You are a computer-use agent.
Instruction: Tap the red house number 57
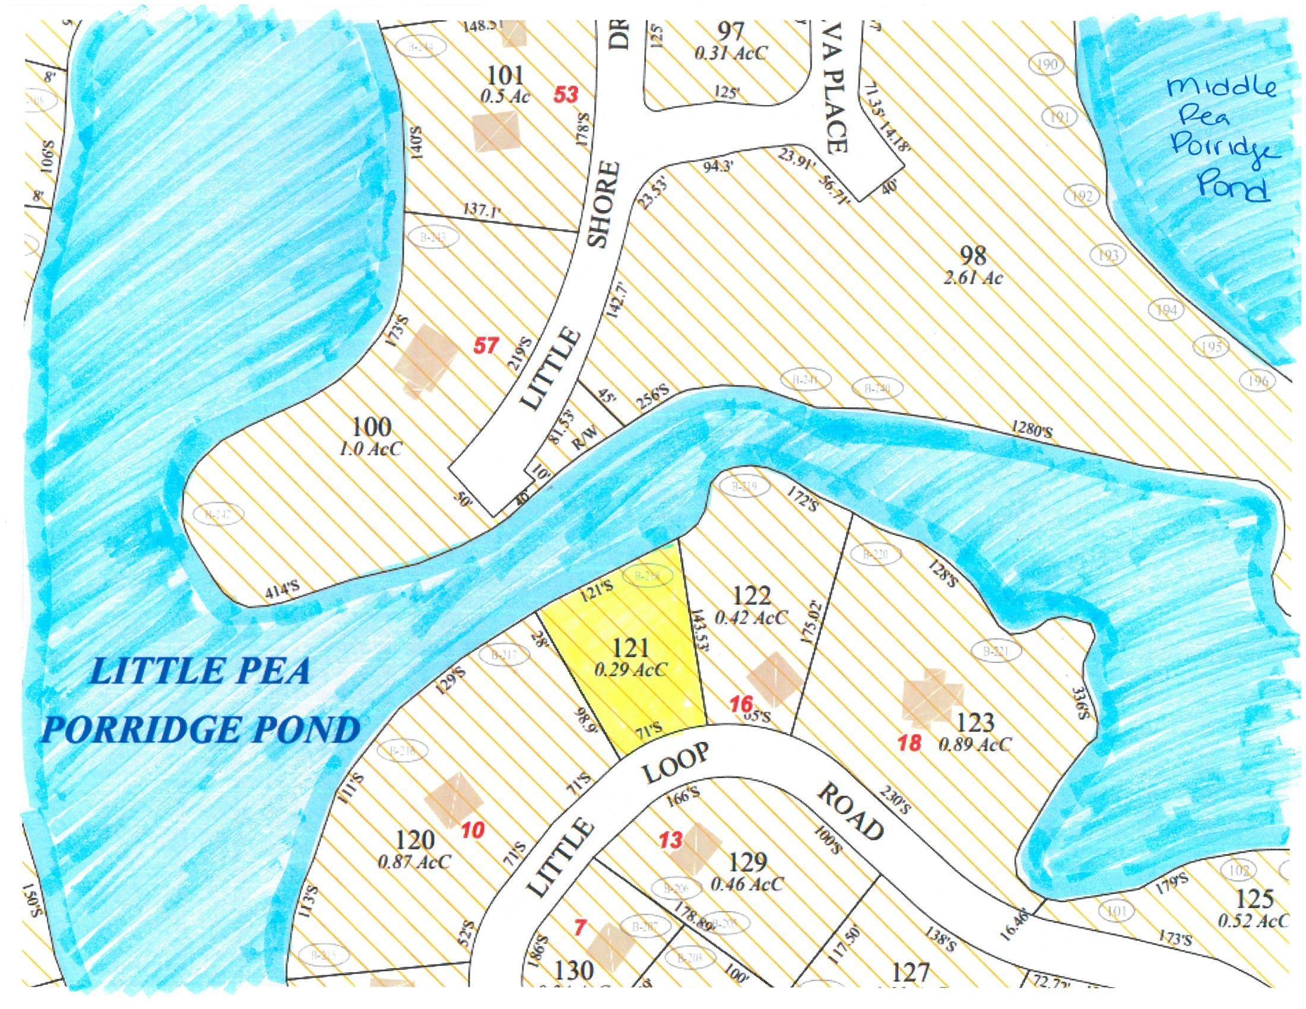(x=486, y=345)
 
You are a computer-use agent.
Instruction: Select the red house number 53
(x=565, y=94)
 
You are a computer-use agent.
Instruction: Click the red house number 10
(x=473, y=830)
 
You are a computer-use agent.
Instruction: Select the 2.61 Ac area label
(x=972, y=278)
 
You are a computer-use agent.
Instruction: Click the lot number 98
(x=972, y=256)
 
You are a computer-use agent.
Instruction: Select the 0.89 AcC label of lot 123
(x=975, y=744)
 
